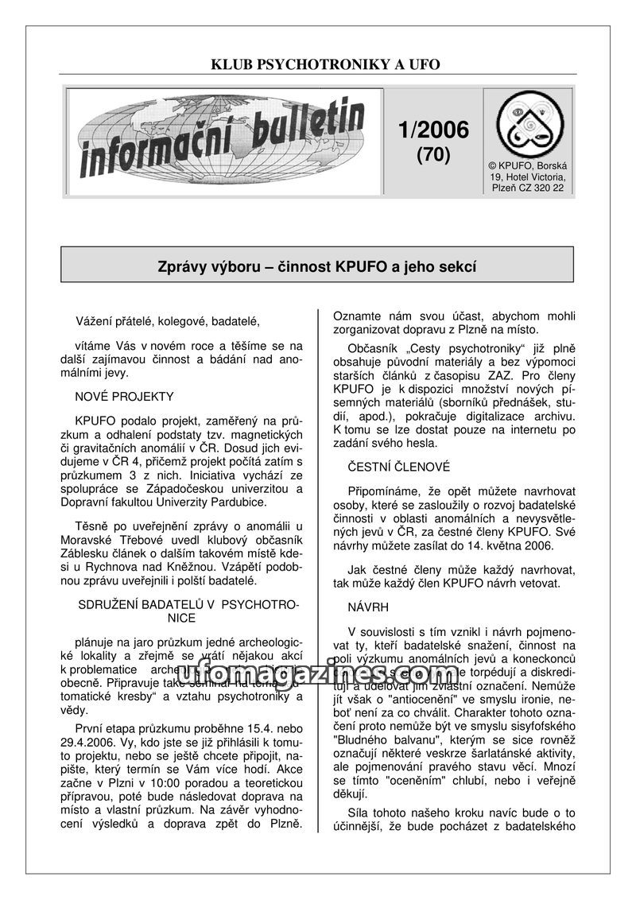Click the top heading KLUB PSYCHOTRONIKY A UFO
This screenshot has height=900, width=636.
point(324,64)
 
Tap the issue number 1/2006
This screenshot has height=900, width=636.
point(432,129)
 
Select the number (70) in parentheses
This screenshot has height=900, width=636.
point(433,155)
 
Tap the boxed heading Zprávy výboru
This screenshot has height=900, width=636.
point(317,268)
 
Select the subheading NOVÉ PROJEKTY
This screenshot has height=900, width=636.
point(125,396)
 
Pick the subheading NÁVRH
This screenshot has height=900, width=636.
point(368,607)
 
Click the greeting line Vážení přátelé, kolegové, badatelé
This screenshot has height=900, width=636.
point(168,321)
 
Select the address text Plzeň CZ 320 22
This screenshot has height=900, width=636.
point(529,187)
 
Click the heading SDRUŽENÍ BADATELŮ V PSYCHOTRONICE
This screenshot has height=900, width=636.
point(188,611)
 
